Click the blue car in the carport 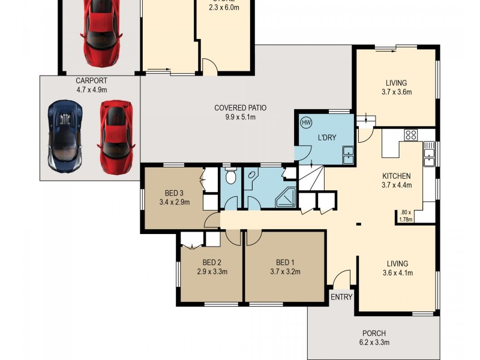pyautogui.click(x=65, y=137)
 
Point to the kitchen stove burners pyautogui.click(x=411, y=135)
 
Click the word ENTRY pyautogui.click(x=341, y=297)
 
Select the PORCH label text pyautogui.click(x=374, y=334)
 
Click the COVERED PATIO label pyautogui.click(x=240, y=108)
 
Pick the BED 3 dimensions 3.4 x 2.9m pyautogui.click(x=174, y=202)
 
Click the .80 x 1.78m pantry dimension pyautogui.click(x=406, y=215)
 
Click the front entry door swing pyautogui.click(x=342, y=279)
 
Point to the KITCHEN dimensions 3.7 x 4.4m pyautogui.click(x=397, y=185)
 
